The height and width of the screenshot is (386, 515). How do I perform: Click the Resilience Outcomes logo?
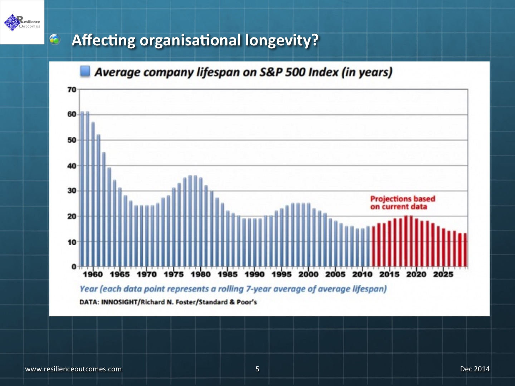[22, 22]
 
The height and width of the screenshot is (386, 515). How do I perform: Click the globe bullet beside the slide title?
[55, 39]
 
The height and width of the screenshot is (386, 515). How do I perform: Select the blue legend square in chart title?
[85, 71]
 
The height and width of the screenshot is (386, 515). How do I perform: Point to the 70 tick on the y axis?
[72, 89]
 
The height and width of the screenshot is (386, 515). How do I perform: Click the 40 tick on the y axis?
[72, 165]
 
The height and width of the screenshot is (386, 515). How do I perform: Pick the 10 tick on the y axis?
[72, 242]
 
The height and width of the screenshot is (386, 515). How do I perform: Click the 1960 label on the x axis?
[93, 274]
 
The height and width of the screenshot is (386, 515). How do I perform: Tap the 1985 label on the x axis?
[227, 274]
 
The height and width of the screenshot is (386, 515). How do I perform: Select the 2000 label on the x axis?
[308, 274]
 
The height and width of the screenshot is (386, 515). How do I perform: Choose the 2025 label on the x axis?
[443, 274]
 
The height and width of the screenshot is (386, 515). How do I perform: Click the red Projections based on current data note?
[402, 203]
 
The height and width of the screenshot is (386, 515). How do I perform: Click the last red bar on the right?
[465, 250]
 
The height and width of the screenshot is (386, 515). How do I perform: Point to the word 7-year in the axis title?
[259, 289]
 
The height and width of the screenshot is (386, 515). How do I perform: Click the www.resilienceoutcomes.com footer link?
[73, 369]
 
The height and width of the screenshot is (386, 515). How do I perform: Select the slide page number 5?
[257, 369]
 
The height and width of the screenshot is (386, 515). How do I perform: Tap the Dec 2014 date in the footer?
[475, 369]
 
